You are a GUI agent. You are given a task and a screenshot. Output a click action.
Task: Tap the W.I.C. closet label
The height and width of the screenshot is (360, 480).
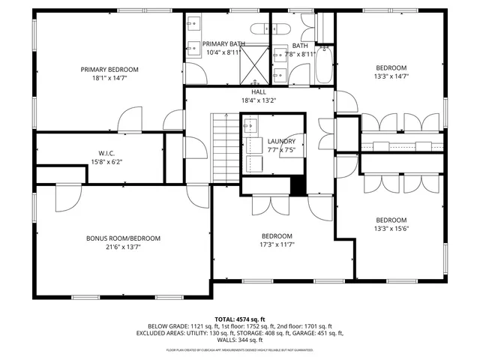click(105, 152)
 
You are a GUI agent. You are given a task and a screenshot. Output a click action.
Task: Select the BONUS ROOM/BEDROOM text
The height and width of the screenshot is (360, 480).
click(123, 238)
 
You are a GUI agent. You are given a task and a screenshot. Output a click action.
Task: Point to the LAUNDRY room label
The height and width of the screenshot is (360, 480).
click(281, 141)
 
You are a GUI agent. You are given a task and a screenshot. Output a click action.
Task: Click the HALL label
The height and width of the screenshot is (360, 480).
click(259, 92)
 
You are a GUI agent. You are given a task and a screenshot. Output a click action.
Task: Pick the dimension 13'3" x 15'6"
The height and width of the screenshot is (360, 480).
click(391, 229)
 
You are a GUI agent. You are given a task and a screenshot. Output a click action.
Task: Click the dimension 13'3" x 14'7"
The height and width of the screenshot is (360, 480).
click(391, 75)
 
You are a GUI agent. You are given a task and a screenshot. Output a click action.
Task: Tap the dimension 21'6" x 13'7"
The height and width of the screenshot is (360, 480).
click(123, 246)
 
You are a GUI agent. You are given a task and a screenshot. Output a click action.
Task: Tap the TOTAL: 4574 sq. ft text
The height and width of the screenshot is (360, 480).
click(240, 319)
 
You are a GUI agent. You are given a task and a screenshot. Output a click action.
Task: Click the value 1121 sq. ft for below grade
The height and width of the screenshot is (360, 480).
click(194, 327)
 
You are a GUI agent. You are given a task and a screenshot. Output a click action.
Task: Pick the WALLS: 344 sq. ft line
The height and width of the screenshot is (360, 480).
click(240, 342)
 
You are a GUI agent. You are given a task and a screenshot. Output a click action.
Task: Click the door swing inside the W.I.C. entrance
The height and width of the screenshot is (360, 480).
click(130, 118)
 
